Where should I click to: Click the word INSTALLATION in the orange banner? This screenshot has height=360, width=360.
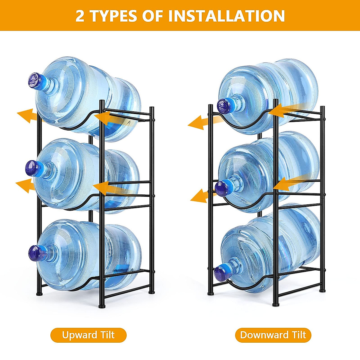pyautogui.click(x=226, y=16)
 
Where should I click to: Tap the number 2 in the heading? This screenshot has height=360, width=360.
pyautogui.click(x=80, y=16)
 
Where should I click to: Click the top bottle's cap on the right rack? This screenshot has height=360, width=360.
pyautogui.click(x=224, y=106)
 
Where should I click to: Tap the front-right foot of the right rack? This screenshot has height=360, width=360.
pyautogui.click(x=275, y=304)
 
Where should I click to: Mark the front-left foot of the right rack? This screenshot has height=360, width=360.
pyautogui.click(x=211, y=292)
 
